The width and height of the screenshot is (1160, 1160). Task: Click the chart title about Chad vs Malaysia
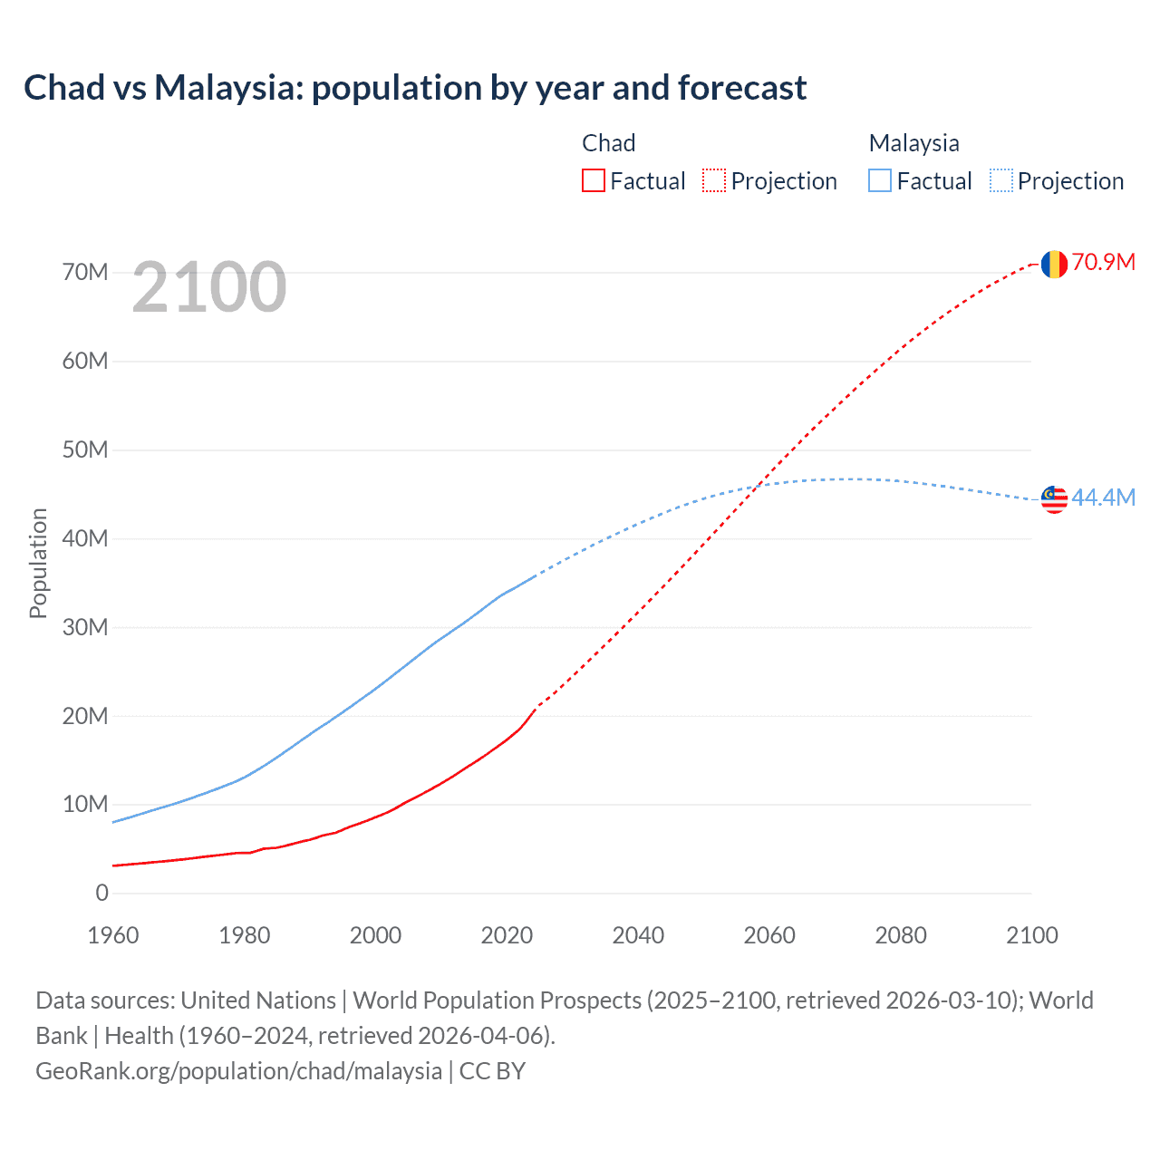tap(415, 88)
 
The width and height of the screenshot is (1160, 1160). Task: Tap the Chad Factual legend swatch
tap(594, 180)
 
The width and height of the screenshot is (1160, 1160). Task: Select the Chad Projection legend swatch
tap(714, 180)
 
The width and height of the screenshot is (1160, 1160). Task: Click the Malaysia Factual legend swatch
tap(880, 180)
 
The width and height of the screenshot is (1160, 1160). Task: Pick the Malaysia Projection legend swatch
tap(1001, 180)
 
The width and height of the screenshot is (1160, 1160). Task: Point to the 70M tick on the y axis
tap(85, 272)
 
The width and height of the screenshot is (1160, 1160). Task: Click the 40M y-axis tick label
tap(85, 538)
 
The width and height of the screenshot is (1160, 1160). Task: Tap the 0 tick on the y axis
tap(101, 893)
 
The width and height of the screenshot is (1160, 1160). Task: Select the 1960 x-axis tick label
tap(113, 935)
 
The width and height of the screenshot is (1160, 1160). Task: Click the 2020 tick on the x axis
tap(507, 935)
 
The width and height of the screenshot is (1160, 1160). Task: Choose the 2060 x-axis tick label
tap(769, 935)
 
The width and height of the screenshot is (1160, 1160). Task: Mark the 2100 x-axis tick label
tap(1031, 935)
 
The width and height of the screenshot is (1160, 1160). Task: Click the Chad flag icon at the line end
tap(1054, 264)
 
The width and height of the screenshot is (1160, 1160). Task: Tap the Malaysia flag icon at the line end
tap(1054, 499)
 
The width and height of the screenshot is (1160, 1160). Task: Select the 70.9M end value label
tap(1104, 263)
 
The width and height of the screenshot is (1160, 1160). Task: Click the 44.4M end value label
tap(1104, 498)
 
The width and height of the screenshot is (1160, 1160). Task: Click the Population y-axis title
tap(38, 563)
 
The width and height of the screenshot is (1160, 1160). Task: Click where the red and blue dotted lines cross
tap(757, 487)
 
